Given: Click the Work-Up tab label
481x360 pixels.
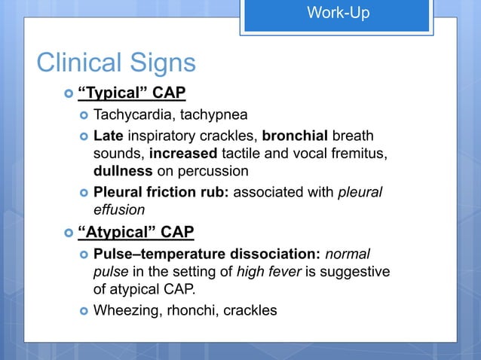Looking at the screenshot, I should click(x=338, y=13).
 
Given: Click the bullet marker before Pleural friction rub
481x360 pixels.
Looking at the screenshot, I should click(x=84, y=193).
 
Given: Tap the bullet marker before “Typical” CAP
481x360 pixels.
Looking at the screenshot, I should click(x=69, y=94).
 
